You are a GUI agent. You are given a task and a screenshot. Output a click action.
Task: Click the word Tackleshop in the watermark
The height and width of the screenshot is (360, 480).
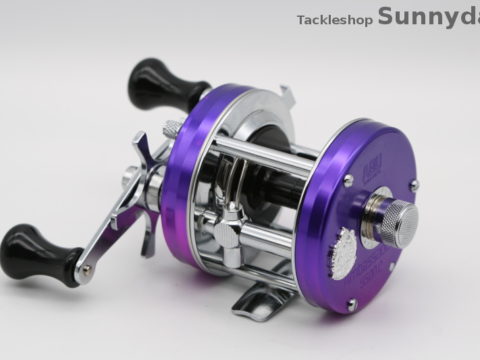[x=334, y=19]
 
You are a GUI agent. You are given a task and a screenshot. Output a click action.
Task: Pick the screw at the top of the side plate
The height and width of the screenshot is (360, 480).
[x=346, y=181]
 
